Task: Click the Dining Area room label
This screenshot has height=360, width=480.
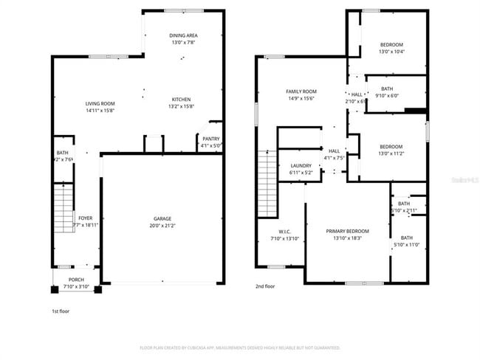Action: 184,35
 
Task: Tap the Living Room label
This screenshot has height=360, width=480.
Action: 100,103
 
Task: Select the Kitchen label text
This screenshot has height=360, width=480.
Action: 182,100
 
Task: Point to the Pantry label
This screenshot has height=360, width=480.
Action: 210,139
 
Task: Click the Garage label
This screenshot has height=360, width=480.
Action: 162,218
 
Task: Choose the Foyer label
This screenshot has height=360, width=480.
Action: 86,218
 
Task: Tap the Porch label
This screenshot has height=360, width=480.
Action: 75,280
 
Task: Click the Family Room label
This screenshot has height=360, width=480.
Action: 301,91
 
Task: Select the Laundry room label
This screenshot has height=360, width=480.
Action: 301,166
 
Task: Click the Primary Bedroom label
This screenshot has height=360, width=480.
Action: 348,231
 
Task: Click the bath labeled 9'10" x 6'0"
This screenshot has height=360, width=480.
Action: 387,94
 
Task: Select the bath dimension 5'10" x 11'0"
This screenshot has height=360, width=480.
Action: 407,244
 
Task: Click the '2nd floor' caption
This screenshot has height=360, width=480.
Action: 266,286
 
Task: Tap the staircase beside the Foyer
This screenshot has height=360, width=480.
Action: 63,209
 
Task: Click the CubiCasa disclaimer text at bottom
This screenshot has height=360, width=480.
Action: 240,347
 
